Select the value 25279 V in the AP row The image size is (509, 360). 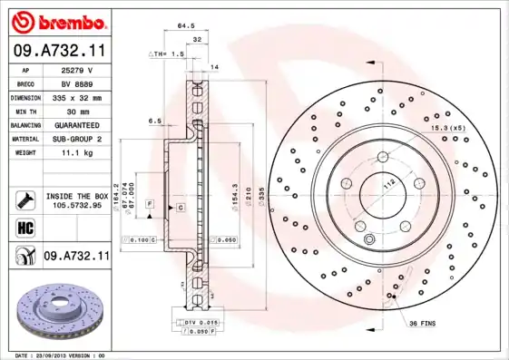(78, 69)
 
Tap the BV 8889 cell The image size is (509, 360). (78, 83)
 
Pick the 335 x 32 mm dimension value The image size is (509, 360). (78, 96)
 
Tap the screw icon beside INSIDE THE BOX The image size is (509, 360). (24, 199)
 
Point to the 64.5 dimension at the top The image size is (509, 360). (187, 26)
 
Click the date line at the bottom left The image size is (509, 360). (60, 355)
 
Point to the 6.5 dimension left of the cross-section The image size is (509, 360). (155, 121)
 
